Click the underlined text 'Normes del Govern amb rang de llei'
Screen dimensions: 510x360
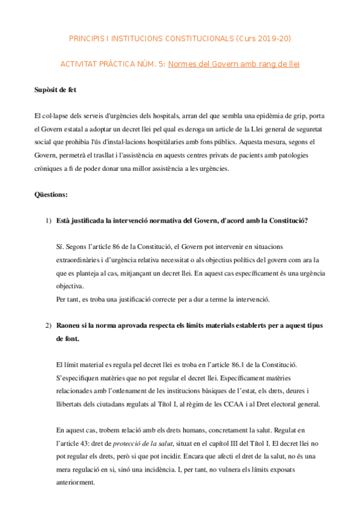[234, 64]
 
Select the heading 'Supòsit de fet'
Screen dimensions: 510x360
[55, 90]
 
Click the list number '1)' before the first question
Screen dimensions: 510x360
[47, 220]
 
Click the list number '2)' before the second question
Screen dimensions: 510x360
[47, 325]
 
